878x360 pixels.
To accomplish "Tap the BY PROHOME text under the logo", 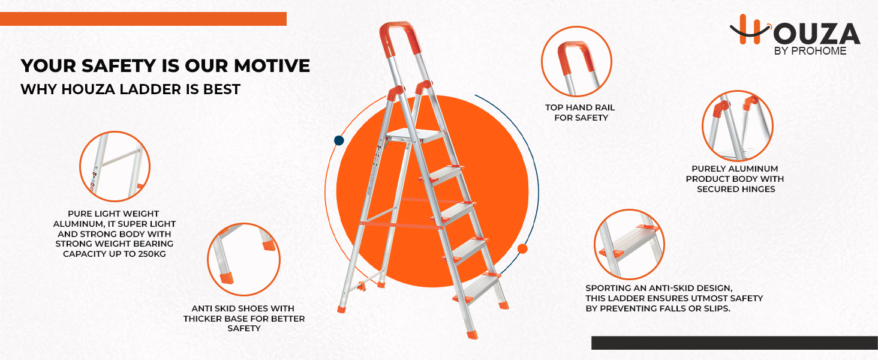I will pos(810,52).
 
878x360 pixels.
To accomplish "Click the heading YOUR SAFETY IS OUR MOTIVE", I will pos(165,66).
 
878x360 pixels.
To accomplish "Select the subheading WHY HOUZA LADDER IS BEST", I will pos(130,90).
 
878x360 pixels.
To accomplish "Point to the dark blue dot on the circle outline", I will pos(339,141).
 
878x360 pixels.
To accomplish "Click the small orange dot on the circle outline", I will pos(522,248).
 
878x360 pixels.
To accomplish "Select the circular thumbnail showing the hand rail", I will pos(576,61).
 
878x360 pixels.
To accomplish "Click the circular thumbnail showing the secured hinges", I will pos(737,125).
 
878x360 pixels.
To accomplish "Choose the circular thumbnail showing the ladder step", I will pos(629,244).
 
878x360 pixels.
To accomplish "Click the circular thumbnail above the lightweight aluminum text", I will pos(115,166).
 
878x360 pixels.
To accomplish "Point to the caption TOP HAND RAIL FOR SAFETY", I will pos(580,113).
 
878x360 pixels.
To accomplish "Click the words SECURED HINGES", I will pos(736,189).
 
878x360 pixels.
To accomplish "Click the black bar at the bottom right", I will pos(734,343).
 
